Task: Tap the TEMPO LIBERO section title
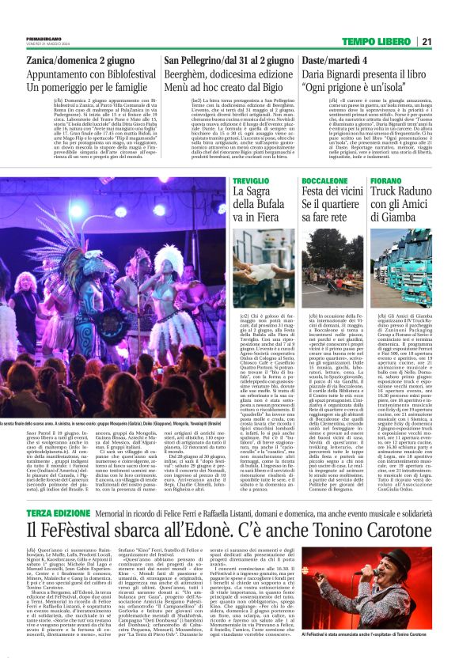(x=385, y=41)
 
